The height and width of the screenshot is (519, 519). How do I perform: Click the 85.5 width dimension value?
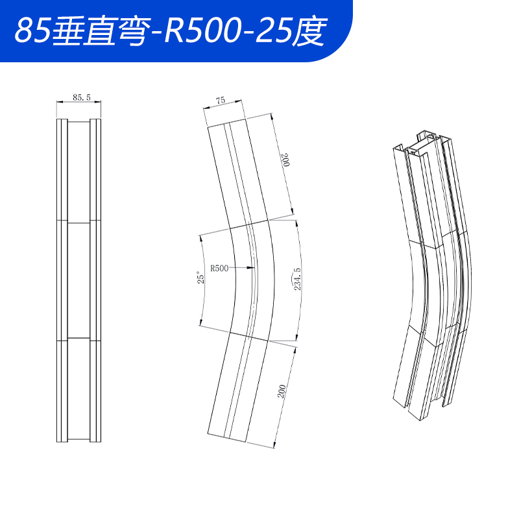82,97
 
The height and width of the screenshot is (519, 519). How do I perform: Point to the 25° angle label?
202,278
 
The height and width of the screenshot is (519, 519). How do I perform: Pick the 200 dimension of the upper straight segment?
283,161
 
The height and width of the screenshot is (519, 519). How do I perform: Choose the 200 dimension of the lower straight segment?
282,391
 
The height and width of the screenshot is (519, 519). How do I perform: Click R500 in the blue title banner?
195,30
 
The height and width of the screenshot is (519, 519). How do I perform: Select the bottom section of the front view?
79,389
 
